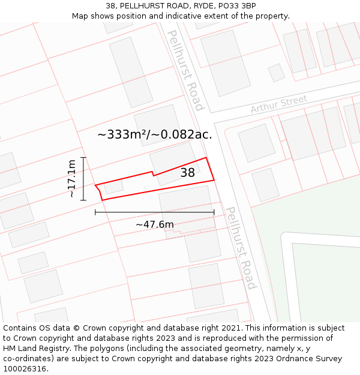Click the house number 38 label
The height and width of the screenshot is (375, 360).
(x=188, y=173)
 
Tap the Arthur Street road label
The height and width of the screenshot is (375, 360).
(x=278, y=104)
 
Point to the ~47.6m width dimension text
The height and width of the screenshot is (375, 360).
(x=155, y=224)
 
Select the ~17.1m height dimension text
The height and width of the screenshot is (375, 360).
(x=72, y=179)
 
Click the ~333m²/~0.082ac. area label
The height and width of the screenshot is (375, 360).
(x=155, y=134)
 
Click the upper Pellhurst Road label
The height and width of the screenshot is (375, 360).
(x=185, y=70)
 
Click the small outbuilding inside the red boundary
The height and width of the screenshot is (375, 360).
(x=113, y=187)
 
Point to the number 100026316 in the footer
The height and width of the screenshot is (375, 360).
(x=25, y=369)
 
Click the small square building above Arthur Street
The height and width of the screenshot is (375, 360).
(x=277, y=73)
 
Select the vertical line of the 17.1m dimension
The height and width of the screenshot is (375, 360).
(x=83, y=179)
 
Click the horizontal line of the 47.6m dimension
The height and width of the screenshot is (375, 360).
(x=155, y=212)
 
